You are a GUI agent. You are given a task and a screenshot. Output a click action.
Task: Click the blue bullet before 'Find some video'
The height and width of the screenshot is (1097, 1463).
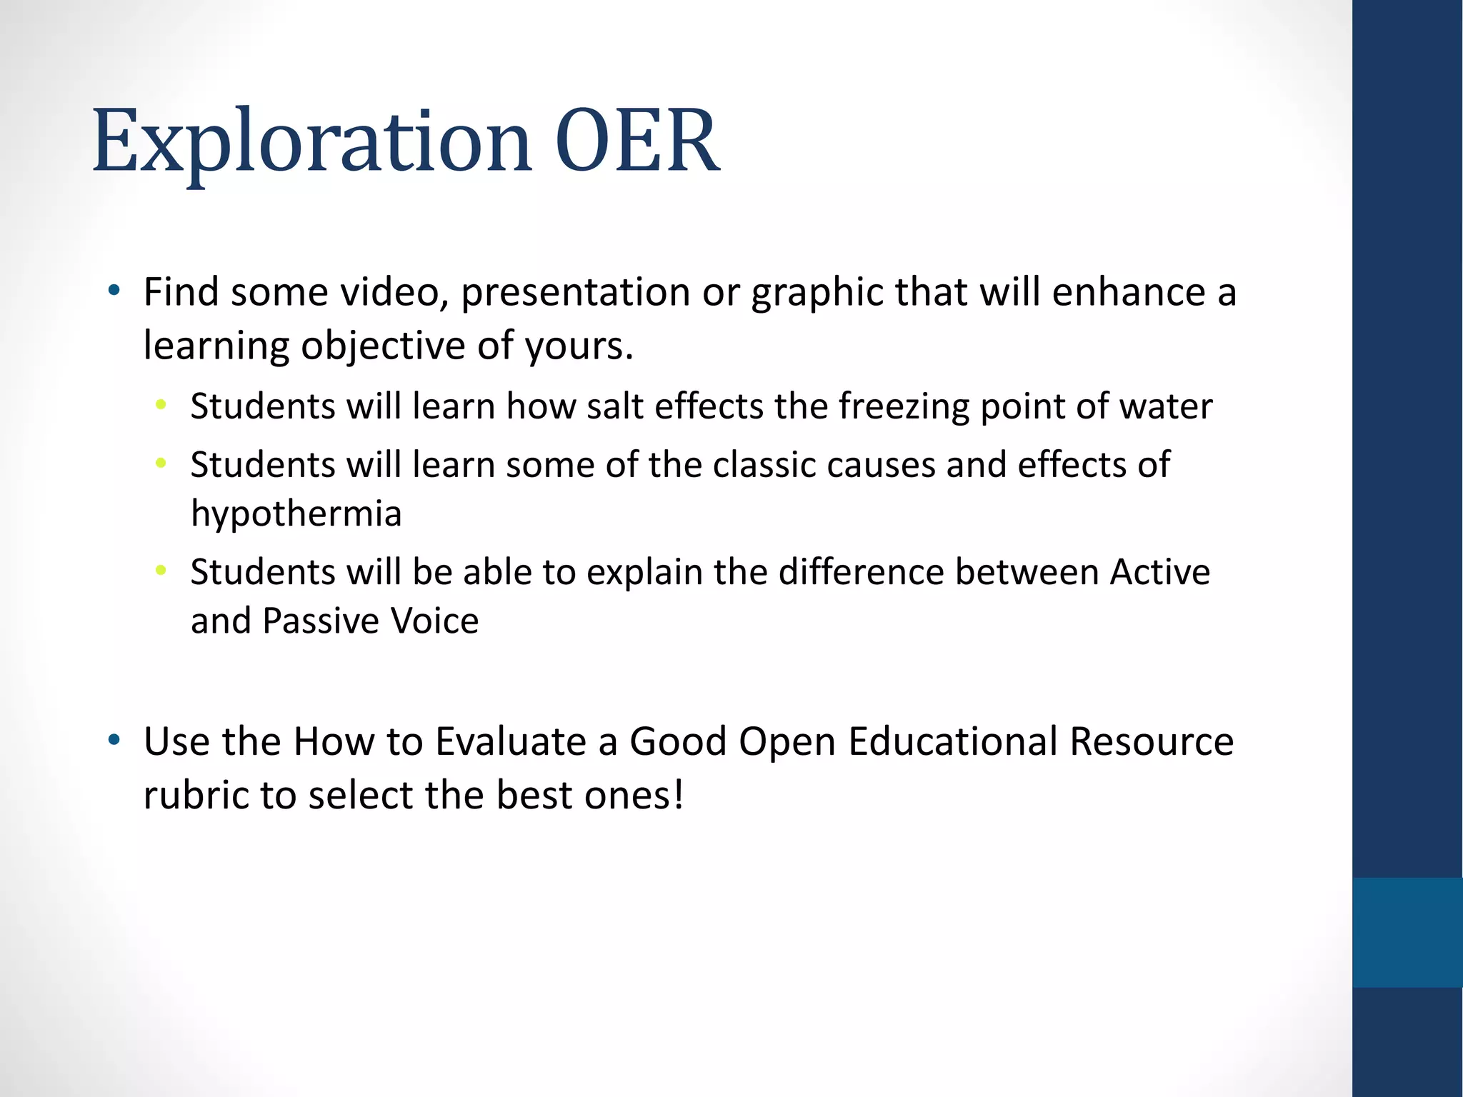[114, 291]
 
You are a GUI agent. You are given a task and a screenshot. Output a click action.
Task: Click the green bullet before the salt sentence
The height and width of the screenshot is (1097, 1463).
[161, 405]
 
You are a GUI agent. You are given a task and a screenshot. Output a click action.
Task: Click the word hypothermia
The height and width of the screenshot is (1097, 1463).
[296, 514]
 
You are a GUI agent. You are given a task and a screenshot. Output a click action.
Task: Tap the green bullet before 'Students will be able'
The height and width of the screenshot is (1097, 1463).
[161, 570]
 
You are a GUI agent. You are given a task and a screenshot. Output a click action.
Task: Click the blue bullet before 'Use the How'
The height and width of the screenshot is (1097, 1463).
[114, 740]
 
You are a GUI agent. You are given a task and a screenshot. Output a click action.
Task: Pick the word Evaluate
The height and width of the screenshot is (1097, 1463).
[510, 741]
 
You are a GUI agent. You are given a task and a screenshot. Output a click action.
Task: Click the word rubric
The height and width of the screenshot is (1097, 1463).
[196, 795]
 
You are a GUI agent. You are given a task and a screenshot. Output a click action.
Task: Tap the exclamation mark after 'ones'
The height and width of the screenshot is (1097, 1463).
[678, 794]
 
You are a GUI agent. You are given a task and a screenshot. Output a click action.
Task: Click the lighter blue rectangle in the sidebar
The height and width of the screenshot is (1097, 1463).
[1407, 932]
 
